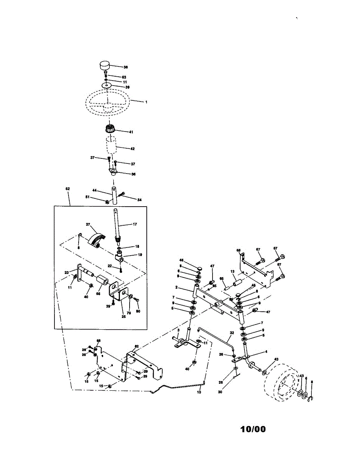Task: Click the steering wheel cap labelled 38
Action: pos(105,66)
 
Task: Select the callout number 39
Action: pos(127,87)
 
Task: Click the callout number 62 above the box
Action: pos(68,189)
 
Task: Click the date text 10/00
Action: pos(253,429)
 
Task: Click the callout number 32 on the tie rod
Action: pos(232,333)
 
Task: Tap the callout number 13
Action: pos(232,272)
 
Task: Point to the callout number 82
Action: pos(137,346)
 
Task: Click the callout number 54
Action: pos(139,200)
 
